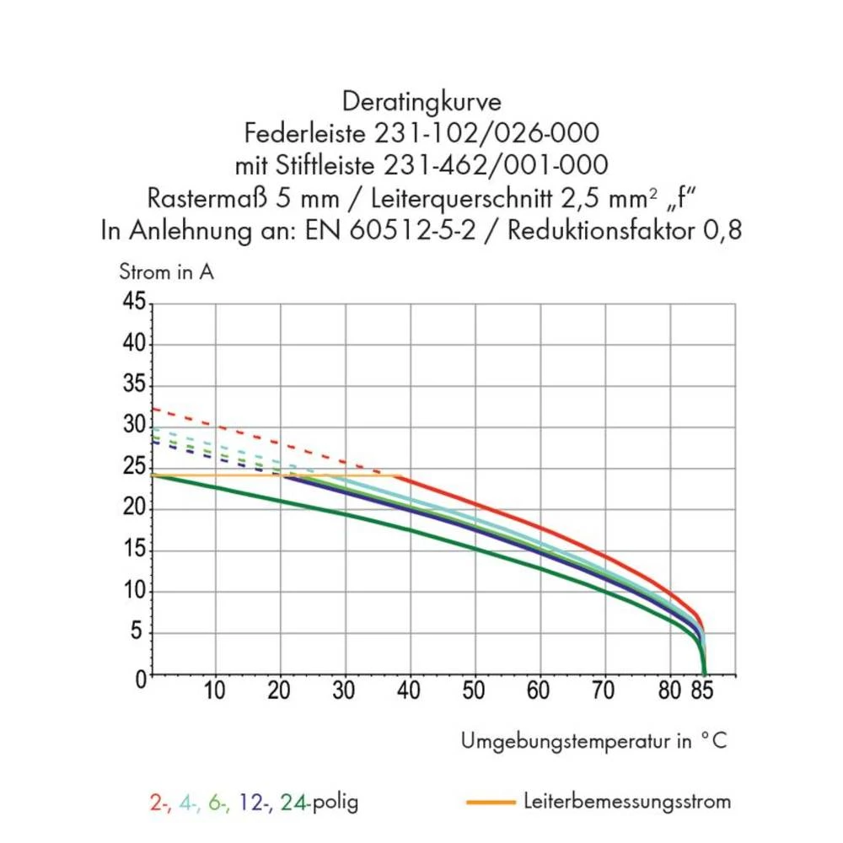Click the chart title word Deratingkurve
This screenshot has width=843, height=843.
421,103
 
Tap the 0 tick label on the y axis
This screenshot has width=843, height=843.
140,677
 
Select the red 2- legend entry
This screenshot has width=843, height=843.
160,802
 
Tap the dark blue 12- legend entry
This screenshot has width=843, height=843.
255,802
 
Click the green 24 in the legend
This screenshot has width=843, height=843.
293,802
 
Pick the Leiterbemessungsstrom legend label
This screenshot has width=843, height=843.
626,800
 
